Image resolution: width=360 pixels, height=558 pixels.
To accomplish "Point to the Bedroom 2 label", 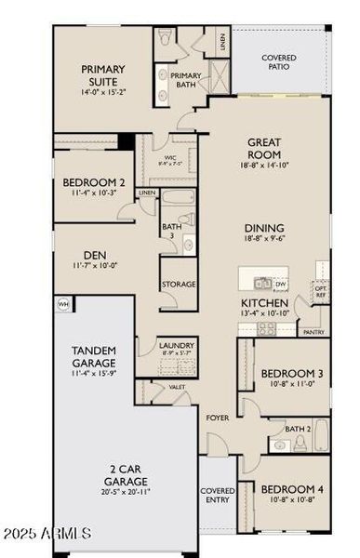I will click(x=92, y=182).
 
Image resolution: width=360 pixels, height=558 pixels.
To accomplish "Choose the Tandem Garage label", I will click(x=94, y=356).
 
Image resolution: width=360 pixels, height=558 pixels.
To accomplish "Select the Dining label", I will click(x=264, y=229).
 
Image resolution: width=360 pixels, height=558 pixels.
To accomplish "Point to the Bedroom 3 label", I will click(x=292, y=374).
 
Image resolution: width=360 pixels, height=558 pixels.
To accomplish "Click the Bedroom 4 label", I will click(x=292, y=489).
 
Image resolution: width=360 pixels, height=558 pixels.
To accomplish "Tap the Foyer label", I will click(x=218, y=418).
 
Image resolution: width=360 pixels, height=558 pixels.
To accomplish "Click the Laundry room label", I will click(x=176, y=343).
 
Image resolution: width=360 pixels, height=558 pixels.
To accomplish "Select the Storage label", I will click(x=178, y=284).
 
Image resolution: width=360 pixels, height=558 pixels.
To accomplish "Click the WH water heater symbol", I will click(x=64, y=303).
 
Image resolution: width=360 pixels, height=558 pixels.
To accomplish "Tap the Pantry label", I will click(x=313, y=331).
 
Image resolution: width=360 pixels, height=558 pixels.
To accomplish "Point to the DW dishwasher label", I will click(x=280, y=284).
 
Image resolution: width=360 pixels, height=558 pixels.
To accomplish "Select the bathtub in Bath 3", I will click(x=177, y=199).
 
